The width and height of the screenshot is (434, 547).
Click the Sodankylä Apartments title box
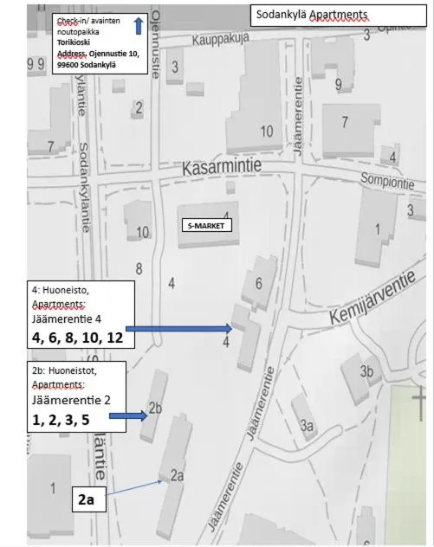tap(339, 15)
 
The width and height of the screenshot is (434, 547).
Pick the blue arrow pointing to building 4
tap(178, 328)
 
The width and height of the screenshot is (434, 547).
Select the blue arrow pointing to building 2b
tap(126, 416)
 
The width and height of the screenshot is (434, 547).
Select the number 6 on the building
tap(258, 283)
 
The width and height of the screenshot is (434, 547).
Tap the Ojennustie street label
tap(156, 43)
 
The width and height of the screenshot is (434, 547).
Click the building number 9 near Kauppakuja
tap(339, 84)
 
